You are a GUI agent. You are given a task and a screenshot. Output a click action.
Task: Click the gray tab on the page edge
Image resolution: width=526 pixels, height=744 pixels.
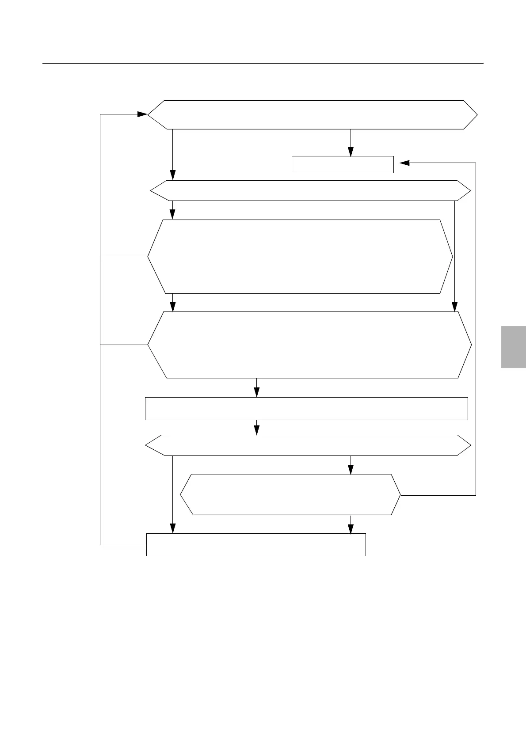coord(513,347)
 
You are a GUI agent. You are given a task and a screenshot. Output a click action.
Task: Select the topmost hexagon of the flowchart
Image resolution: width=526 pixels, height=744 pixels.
coord(312,115)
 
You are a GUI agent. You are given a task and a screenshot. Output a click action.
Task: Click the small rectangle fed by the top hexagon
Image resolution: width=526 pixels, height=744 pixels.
coord(343,164)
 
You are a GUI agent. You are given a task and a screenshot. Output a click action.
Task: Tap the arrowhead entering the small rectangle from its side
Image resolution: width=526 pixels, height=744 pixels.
coord(404,163)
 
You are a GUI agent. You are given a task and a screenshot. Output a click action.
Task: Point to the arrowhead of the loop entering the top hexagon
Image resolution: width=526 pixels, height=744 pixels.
coord(142,114)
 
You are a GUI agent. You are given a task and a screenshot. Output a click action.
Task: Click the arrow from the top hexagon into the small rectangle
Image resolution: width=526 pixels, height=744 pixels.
coord(351,143)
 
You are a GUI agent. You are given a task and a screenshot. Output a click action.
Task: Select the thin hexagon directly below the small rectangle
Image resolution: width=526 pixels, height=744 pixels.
coord(310,191)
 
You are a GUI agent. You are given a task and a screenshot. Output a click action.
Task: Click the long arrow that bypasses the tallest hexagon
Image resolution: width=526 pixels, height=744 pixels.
coord(455,256)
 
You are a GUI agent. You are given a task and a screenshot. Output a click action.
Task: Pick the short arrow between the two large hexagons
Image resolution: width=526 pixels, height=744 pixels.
coord(172,303)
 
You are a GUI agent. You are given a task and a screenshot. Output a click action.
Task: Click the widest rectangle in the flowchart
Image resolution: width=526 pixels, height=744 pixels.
coord(306,408)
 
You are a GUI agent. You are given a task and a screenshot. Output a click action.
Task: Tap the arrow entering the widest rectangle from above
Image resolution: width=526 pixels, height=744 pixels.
coord(256,388)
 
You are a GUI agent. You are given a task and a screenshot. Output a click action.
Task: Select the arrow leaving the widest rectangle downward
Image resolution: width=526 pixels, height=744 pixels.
coord(256,427)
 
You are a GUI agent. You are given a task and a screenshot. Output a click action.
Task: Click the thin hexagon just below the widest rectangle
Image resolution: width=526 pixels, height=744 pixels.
coord(308,445)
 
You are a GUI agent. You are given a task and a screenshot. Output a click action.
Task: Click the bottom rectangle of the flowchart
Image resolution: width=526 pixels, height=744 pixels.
coord(256,544)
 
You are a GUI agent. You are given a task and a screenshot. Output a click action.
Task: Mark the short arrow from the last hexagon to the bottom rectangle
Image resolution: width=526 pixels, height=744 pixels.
coord(351,524)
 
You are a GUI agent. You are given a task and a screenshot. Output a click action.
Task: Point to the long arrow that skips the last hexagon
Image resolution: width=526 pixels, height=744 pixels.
coord(172,495)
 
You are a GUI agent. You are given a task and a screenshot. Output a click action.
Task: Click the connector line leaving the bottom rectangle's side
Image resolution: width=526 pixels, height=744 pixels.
coord(123,545)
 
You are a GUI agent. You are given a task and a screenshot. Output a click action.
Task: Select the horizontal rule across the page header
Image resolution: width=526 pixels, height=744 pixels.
coord(263,63)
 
